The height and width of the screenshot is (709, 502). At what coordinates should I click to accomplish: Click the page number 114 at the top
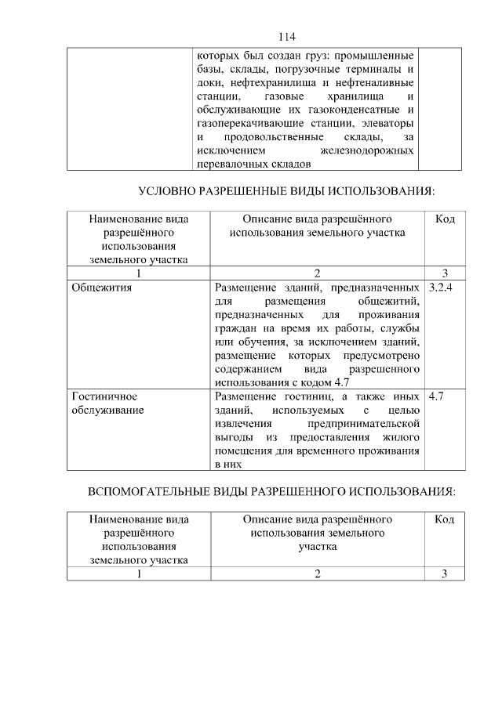(286, 37)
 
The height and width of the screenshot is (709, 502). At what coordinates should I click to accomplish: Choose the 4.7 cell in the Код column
(437, 396)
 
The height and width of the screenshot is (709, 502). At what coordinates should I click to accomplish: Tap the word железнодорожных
(368, 150)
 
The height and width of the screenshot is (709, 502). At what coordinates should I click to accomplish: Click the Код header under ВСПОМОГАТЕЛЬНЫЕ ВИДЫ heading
(444, 519)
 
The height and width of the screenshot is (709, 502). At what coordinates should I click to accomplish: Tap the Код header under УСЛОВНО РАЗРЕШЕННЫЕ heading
(445, 219)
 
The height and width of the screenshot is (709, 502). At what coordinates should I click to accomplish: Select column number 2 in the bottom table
(318, 573)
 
